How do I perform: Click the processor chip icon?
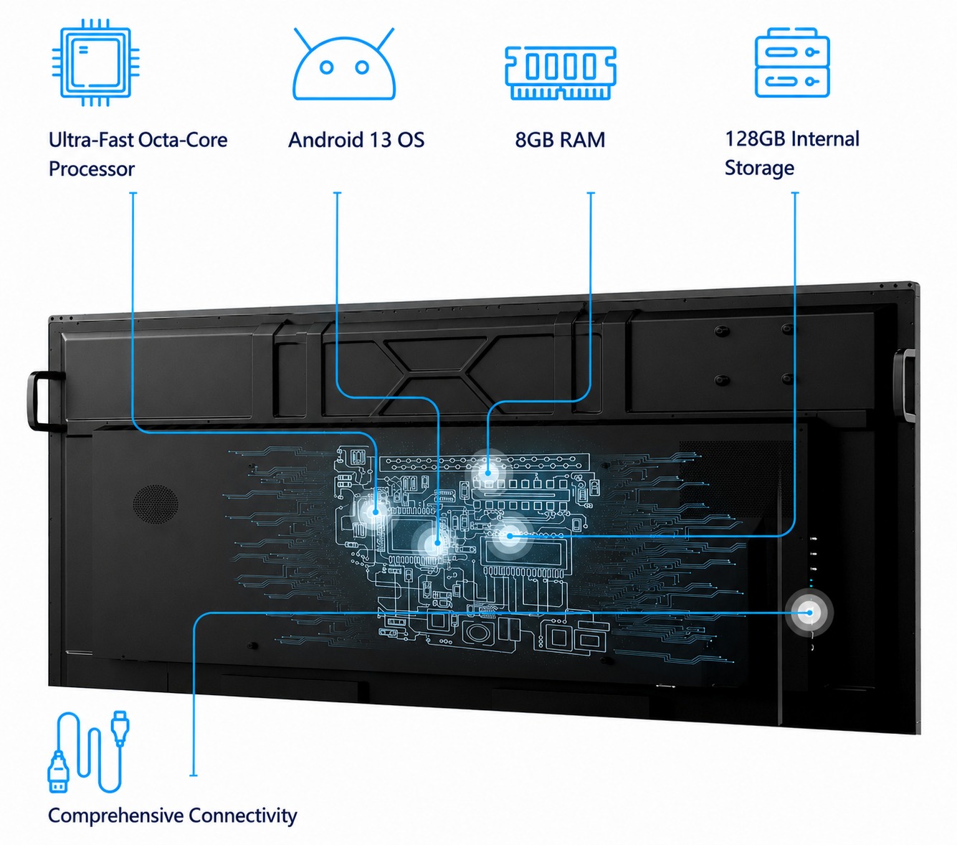95,62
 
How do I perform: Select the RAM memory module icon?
560,72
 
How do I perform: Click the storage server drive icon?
791,62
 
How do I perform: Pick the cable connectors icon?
88,751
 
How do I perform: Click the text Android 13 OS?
356,140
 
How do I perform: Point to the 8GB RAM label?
560,140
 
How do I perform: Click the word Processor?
92,169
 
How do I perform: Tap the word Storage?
759,169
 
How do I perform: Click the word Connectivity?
243,815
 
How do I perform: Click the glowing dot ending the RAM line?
488,472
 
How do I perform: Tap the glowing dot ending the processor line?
376,511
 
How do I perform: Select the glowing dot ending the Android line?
437,542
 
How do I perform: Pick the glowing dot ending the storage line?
510,535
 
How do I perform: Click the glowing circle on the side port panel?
809,613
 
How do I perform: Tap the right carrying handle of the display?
903,384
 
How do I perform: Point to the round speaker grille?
156,504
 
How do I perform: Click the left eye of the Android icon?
326,67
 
